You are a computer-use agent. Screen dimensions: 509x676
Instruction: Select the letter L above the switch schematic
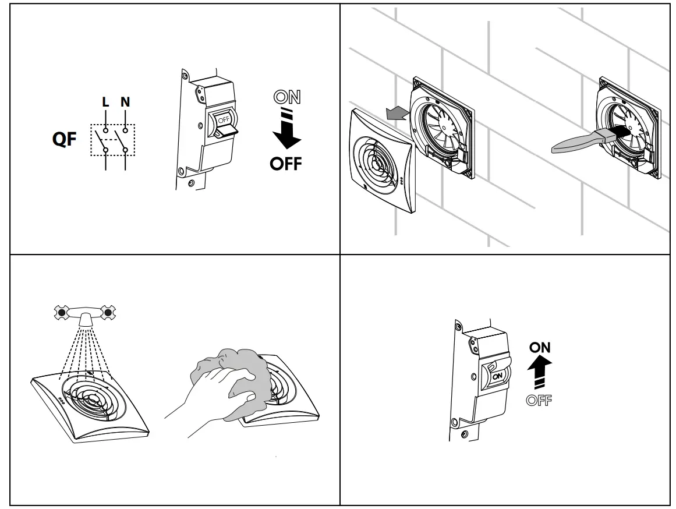[x=105, y=102]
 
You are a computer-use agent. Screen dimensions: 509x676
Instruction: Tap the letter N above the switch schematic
[x=125, y=102]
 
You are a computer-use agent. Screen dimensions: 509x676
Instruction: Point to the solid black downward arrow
[x=286, y=136]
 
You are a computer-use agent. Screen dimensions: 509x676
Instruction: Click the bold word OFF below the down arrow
[x=286, y=164]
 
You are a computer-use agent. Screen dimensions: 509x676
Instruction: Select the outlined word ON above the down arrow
[x=287, y=97]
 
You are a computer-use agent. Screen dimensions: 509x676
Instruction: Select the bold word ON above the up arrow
[x=540, y=348]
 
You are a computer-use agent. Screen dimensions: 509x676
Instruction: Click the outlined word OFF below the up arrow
[x=540, y=400]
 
